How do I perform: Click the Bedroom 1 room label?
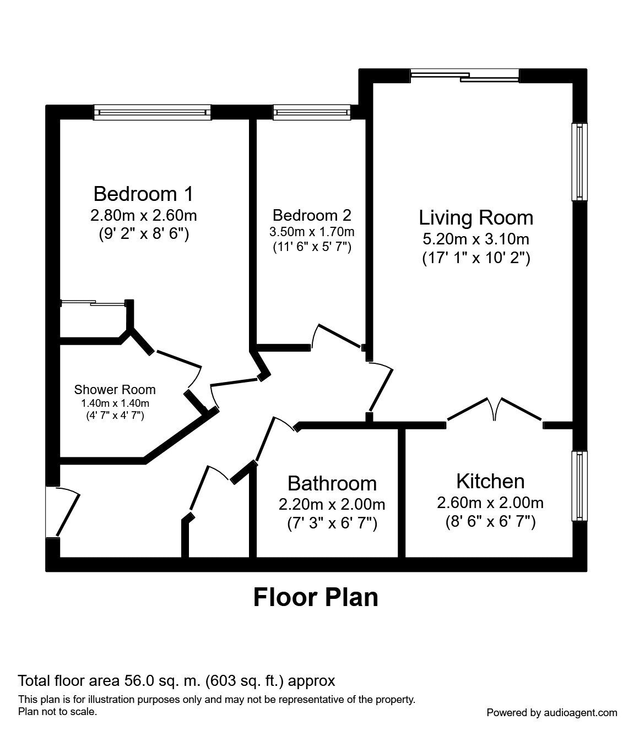pyautogui.click(x=143, y=194)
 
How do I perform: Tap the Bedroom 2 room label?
pyautogui.click(x=312, y=215)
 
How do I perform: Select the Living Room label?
pyautogui.click(x=476, y=217)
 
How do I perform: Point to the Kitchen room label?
pyautogui.click(x=490, y=481)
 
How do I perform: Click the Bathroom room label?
pyautogui.click(x=332, y=483)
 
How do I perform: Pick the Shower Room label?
pyautogui.click(x=115, y=390)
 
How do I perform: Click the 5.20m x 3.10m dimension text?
pyautogui.click(x=476, y=239)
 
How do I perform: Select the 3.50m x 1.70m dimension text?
pyautogui.click(x=312, y=231)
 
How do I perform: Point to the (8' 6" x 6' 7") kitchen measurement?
pyautogui.click(x=490, y=521)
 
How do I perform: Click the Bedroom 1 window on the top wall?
pyautogui.click(x=153, y=113)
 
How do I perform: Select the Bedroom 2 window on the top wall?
pyautogui.click(x=312, y=113)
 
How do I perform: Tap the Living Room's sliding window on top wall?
pyautogui.click(x=464, y=75)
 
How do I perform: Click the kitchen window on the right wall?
pyautogui.click(x=579, y=485)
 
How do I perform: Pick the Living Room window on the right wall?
pyautogui.click(x=579, y=162)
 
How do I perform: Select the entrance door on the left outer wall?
pyautogui.click(x=61, y=512)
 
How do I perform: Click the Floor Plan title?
pyautogui.click(x=316, y=597)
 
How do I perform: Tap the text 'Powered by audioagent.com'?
pyautogui.click(x=551, y=712)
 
